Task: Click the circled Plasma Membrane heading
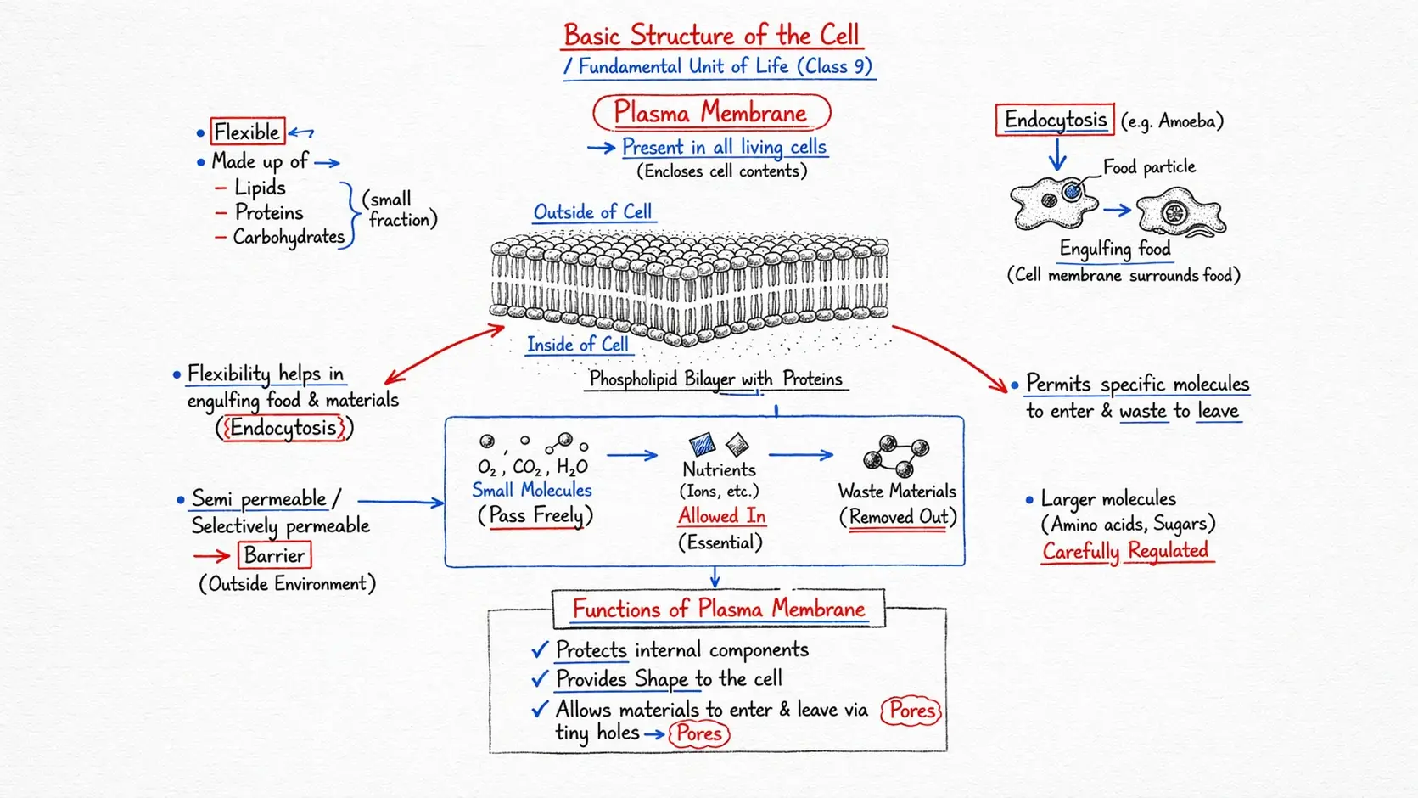click(x=710, y=113)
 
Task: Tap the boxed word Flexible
click(x=247, y=132)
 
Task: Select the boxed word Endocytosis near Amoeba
click(x=1055, y=120)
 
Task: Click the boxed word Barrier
click(x=274, y=555)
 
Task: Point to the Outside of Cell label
click(x=592, y=211)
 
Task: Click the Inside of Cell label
click(x=577, y=344)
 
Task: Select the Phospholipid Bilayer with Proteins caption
click(x=715, y=379)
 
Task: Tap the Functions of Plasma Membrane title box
click(x=718, y=609)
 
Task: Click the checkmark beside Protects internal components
click(x=540, y=650)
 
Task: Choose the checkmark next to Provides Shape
click(x=540, y=679)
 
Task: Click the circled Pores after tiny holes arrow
click(x=698, y=733)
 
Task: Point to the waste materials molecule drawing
click(x=896, y=456)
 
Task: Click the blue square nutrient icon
click(x=702, y=444)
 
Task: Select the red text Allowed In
click(x=721, y=515)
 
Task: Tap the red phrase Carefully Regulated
click(x=1125, y=551)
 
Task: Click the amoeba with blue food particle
click(x=1053, y=204)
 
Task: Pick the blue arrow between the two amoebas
click(x=1118, y=211)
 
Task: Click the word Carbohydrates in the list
click(x=289, y=237)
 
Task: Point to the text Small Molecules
click(x=531, y=490)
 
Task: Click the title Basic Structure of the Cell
click(x=711, y=36)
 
